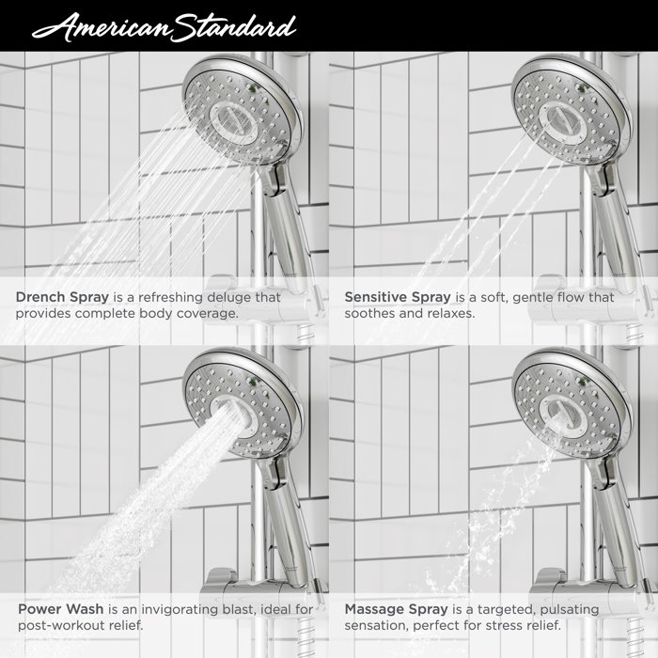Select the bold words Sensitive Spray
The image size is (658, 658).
[x=398, y=297]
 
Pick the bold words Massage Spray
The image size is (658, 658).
[x=397, y=609]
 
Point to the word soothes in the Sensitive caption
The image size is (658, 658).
[x=372, y=314]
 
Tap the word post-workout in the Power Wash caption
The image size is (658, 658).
[x=62, y=626]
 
